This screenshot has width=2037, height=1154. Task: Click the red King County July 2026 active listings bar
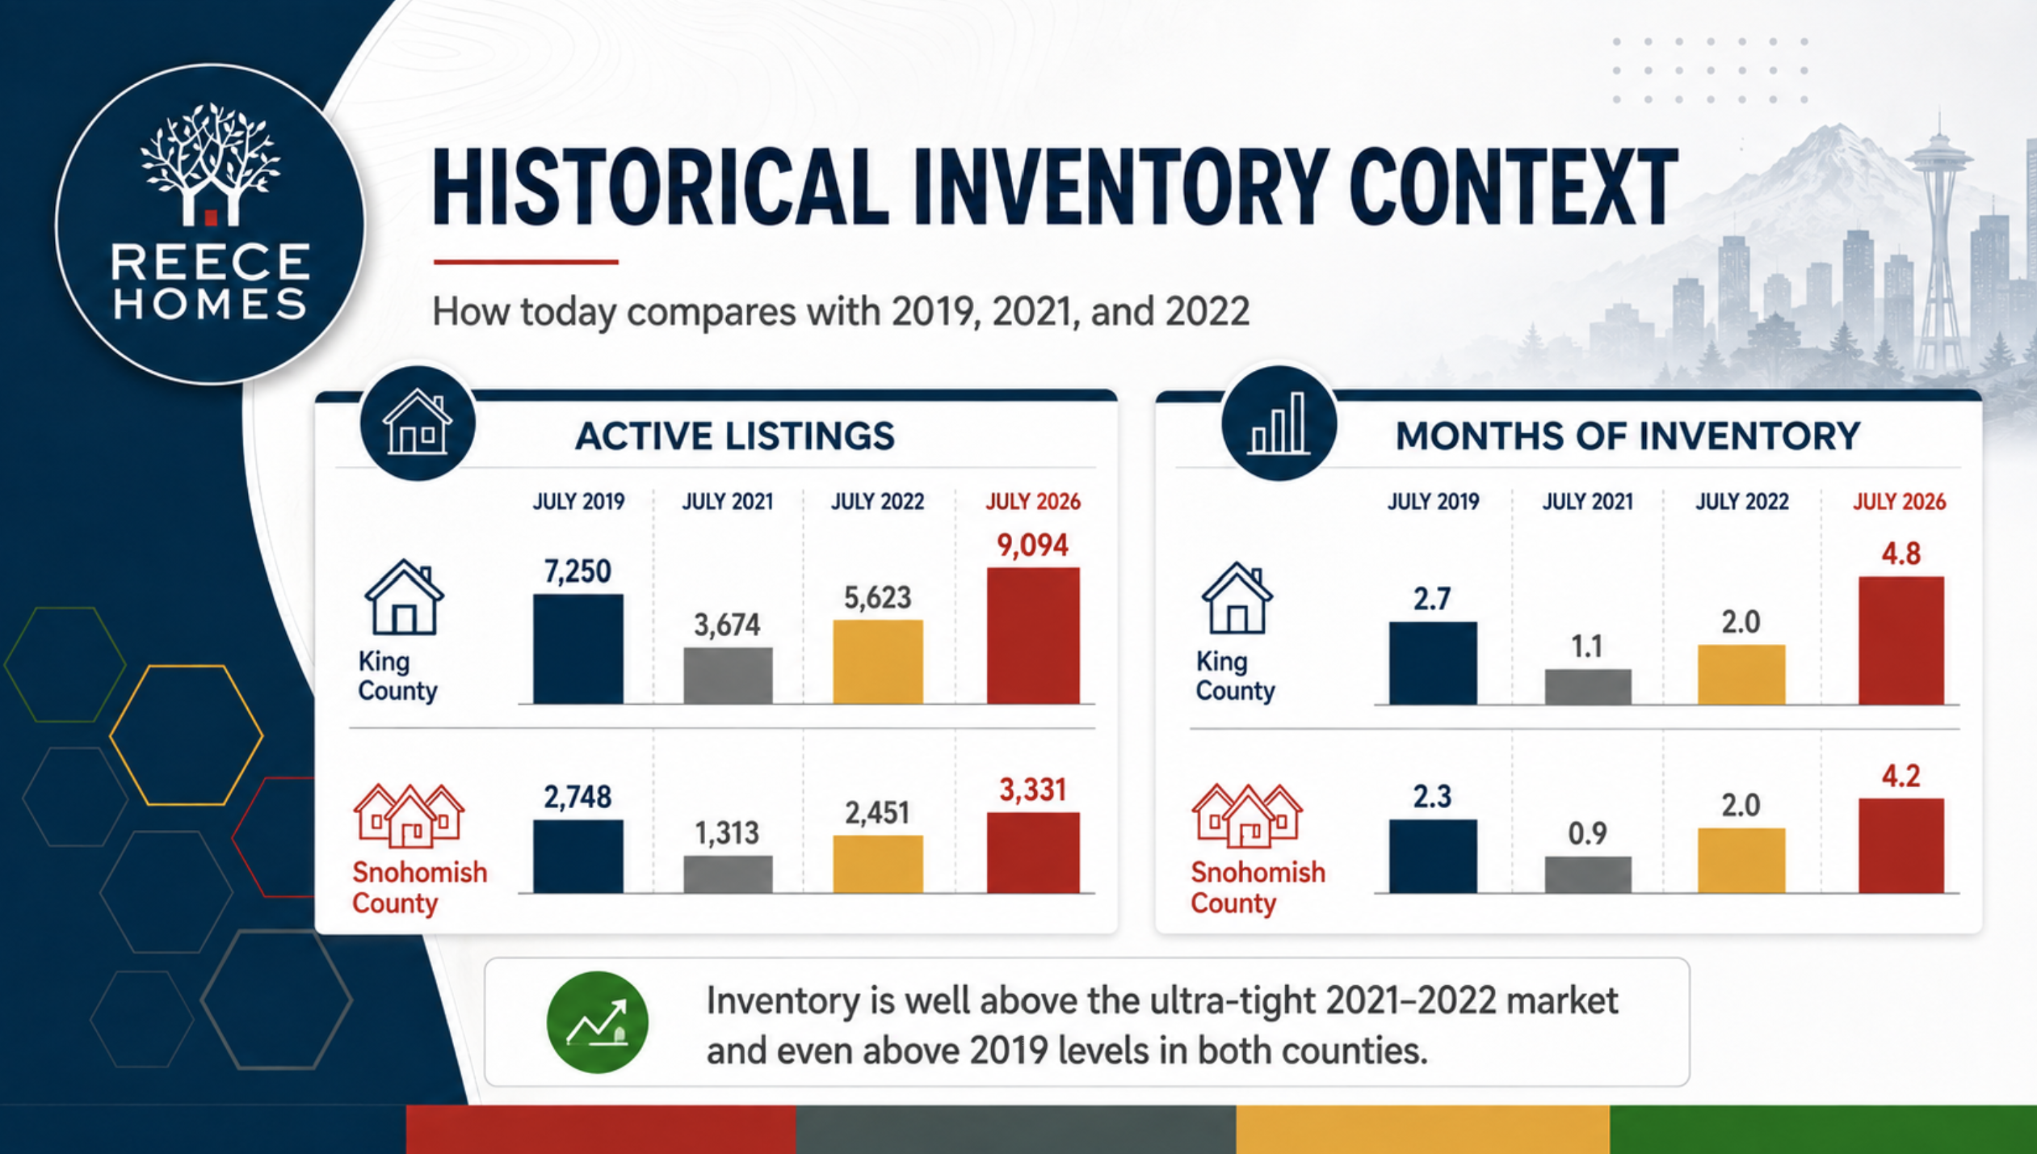pyautogui.click(x=1033, y=635)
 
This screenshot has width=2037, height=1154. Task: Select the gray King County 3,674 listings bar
pyautogui.click(x=728, y=675)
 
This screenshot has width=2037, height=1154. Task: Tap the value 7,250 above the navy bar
pyautogui.click(x=577, y=571)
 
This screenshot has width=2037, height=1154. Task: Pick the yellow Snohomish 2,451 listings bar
pyautogui.click(x=878, y=864)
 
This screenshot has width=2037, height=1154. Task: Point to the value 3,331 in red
pyautogui.click(x=1033, y=790)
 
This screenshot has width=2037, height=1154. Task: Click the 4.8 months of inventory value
pyautogui.click(x=1900, y=554)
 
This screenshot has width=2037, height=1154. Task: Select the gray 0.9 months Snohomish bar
pyautogui.click(x=1588, y=874)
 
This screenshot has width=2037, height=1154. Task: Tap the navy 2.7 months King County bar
pyautogui.click(x=1433, y=663)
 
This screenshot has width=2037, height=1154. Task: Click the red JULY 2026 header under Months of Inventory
pyautogui.click(x=1899, y=502)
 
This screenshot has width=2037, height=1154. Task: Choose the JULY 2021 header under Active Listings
pyautogui.click(x=728, y=502)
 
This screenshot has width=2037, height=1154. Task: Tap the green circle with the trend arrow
pyautogui.click(x=597, y=1022)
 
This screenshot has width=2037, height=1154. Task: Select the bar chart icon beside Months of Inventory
pyautogui.click(x=1279, y=423)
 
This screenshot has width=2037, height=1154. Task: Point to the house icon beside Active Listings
pyautogui.click(x=417, y=423)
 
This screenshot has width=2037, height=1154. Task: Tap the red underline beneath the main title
pyautogui.click(x=526, y=262)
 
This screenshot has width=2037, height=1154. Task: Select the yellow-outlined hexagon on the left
pyautogui.click(x=187, y=735)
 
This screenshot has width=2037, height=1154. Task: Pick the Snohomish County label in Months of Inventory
pyautogui.click(x=1258, y=887)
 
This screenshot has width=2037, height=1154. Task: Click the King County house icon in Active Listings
pyautogui.click(x=404, y=597)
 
